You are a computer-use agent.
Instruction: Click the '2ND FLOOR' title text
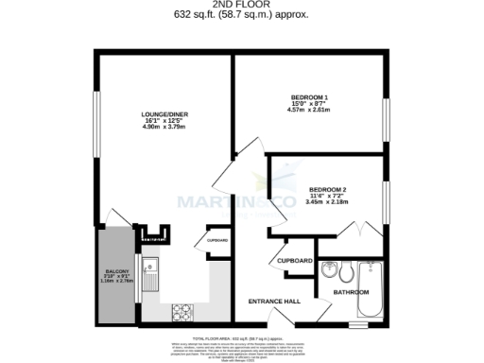tap(242, 4)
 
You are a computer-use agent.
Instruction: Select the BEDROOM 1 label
tap(308, 97)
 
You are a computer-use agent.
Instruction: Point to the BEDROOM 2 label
tap(325, 185)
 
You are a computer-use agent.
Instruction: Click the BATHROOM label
tap(351, 294)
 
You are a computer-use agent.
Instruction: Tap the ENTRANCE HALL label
tap(274, 301)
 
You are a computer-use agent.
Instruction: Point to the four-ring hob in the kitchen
tap(181, 309)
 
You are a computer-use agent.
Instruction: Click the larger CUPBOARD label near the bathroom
tap(295, 260)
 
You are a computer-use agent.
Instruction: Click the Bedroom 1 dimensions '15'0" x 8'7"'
tap(308, 104)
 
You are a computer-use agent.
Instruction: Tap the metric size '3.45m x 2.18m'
tap(326, 200)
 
